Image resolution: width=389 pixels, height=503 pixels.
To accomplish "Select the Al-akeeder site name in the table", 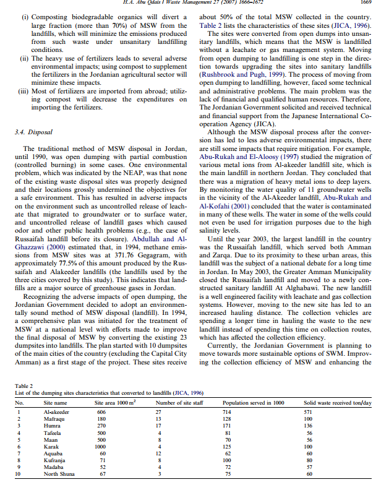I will [x=56, y=411].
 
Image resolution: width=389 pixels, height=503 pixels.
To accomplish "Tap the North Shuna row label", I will [x=59, y=473].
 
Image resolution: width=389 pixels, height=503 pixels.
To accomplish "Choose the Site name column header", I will [x=56, y=402].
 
